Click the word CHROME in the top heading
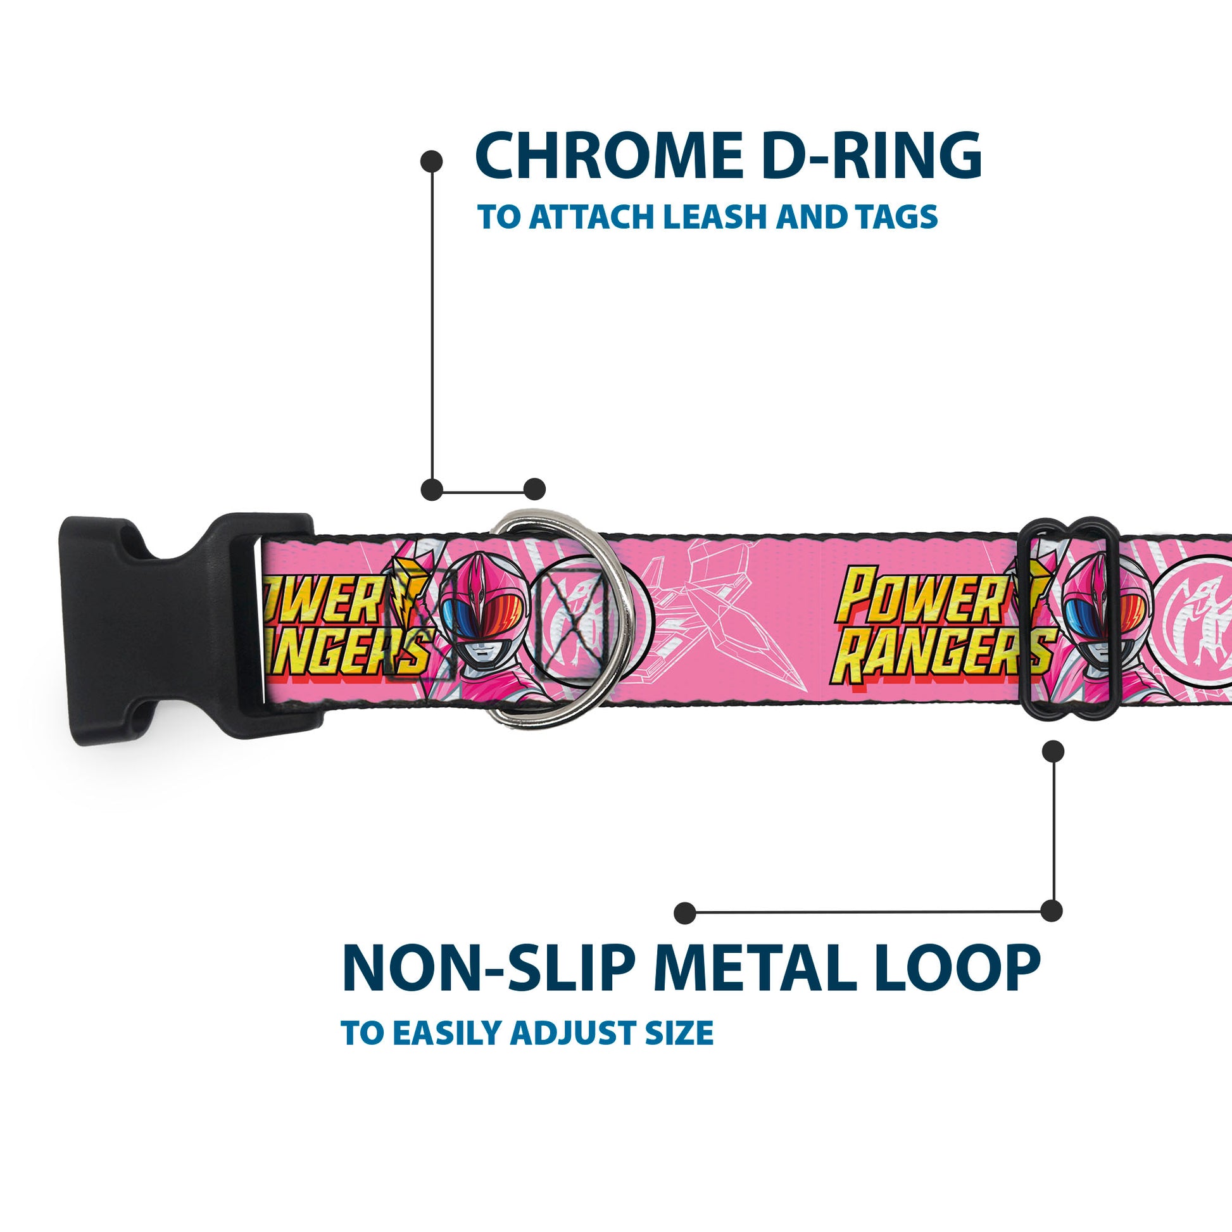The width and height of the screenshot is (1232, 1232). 608,156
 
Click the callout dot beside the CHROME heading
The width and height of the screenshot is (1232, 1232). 432,161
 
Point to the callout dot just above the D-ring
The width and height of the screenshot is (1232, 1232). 534,489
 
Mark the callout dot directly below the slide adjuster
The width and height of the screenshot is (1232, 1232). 1053,751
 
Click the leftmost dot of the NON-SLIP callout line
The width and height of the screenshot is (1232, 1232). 685,913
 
